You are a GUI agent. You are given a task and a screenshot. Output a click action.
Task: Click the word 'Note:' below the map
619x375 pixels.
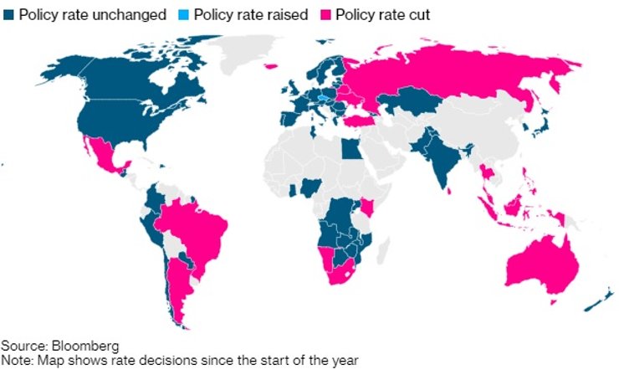point(17,360)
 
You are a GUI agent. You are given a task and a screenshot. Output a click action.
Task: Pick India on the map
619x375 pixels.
point(443,159)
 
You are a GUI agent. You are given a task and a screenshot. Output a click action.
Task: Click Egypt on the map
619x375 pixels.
point(351,149)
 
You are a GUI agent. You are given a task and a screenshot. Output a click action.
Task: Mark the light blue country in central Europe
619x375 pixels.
point(323,96)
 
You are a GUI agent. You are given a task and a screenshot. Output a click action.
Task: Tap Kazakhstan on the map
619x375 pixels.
point(410,100)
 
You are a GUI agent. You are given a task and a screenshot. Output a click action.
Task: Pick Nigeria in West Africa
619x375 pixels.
point(310,185)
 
